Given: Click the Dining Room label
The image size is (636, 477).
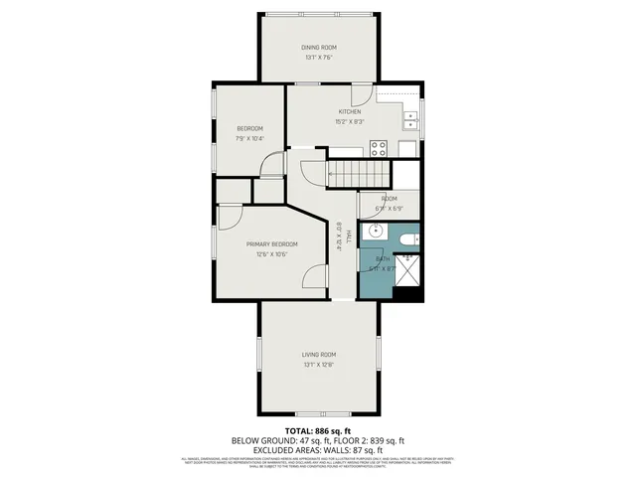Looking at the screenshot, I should click(x=319, y=48).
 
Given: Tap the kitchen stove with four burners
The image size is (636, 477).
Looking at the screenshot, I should click(x=379, y=149).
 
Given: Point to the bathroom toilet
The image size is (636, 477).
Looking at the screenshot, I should click(x=405, y=239).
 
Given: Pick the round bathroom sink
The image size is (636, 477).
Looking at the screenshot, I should click(x=374, y=232).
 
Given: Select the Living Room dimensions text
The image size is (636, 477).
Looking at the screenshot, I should click(x=319, y=365).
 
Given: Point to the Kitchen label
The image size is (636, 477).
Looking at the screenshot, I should click(x=348, y=111).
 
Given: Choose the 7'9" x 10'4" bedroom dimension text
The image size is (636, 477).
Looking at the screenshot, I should click(x=249, y=139).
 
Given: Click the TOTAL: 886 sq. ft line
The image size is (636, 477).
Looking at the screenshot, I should click(x=318, y=431).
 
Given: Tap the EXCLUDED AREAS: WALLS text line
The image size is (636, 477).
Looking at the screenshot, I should click(x=318, y=448).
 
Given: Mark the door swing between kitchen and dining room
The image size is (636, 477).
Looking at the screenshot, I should click(x=364, y=95).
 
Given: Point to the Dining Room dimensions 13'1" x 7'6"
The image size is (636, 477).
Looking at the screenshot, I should click(x=319, y=58).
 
